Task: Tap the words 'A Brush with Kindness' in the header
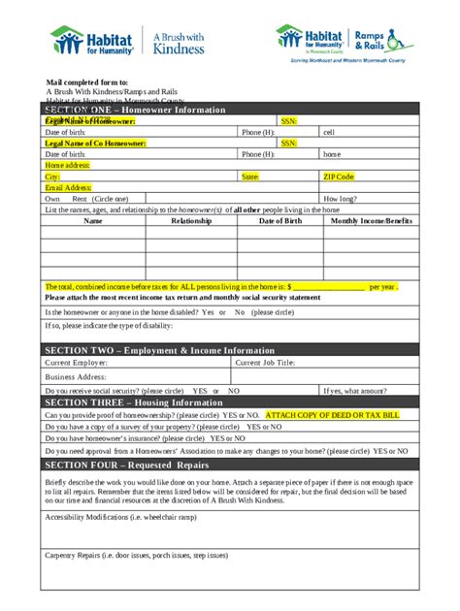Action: click(x=179, y=41)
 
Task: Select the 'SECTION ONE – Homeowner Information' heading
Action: click(x=135, y=110)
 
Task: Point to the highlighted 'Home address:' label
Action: click(x=67, y=166)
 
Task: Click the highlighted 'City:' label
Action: click(x=52, y=177)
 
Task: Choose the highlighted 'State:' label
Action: click(x=249, y=177)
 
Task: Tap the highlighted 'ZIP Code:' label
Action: click(x=339, y=177)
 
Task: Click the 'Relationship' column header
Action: click(x=190, y=221)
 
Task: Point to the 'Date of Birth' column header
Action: click(x=280, y=221)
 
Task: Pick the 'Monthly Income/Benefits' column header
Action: click(x=372, y=221)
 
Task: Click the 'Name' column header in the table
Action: click(x=93, y=221)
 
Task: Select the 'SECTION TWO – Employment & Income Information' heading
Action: click(x=159, y=350)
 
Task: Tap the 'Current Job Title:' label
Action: click(x=266, y=363)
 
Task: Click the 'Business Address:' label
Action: click(x=76, y=376)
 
